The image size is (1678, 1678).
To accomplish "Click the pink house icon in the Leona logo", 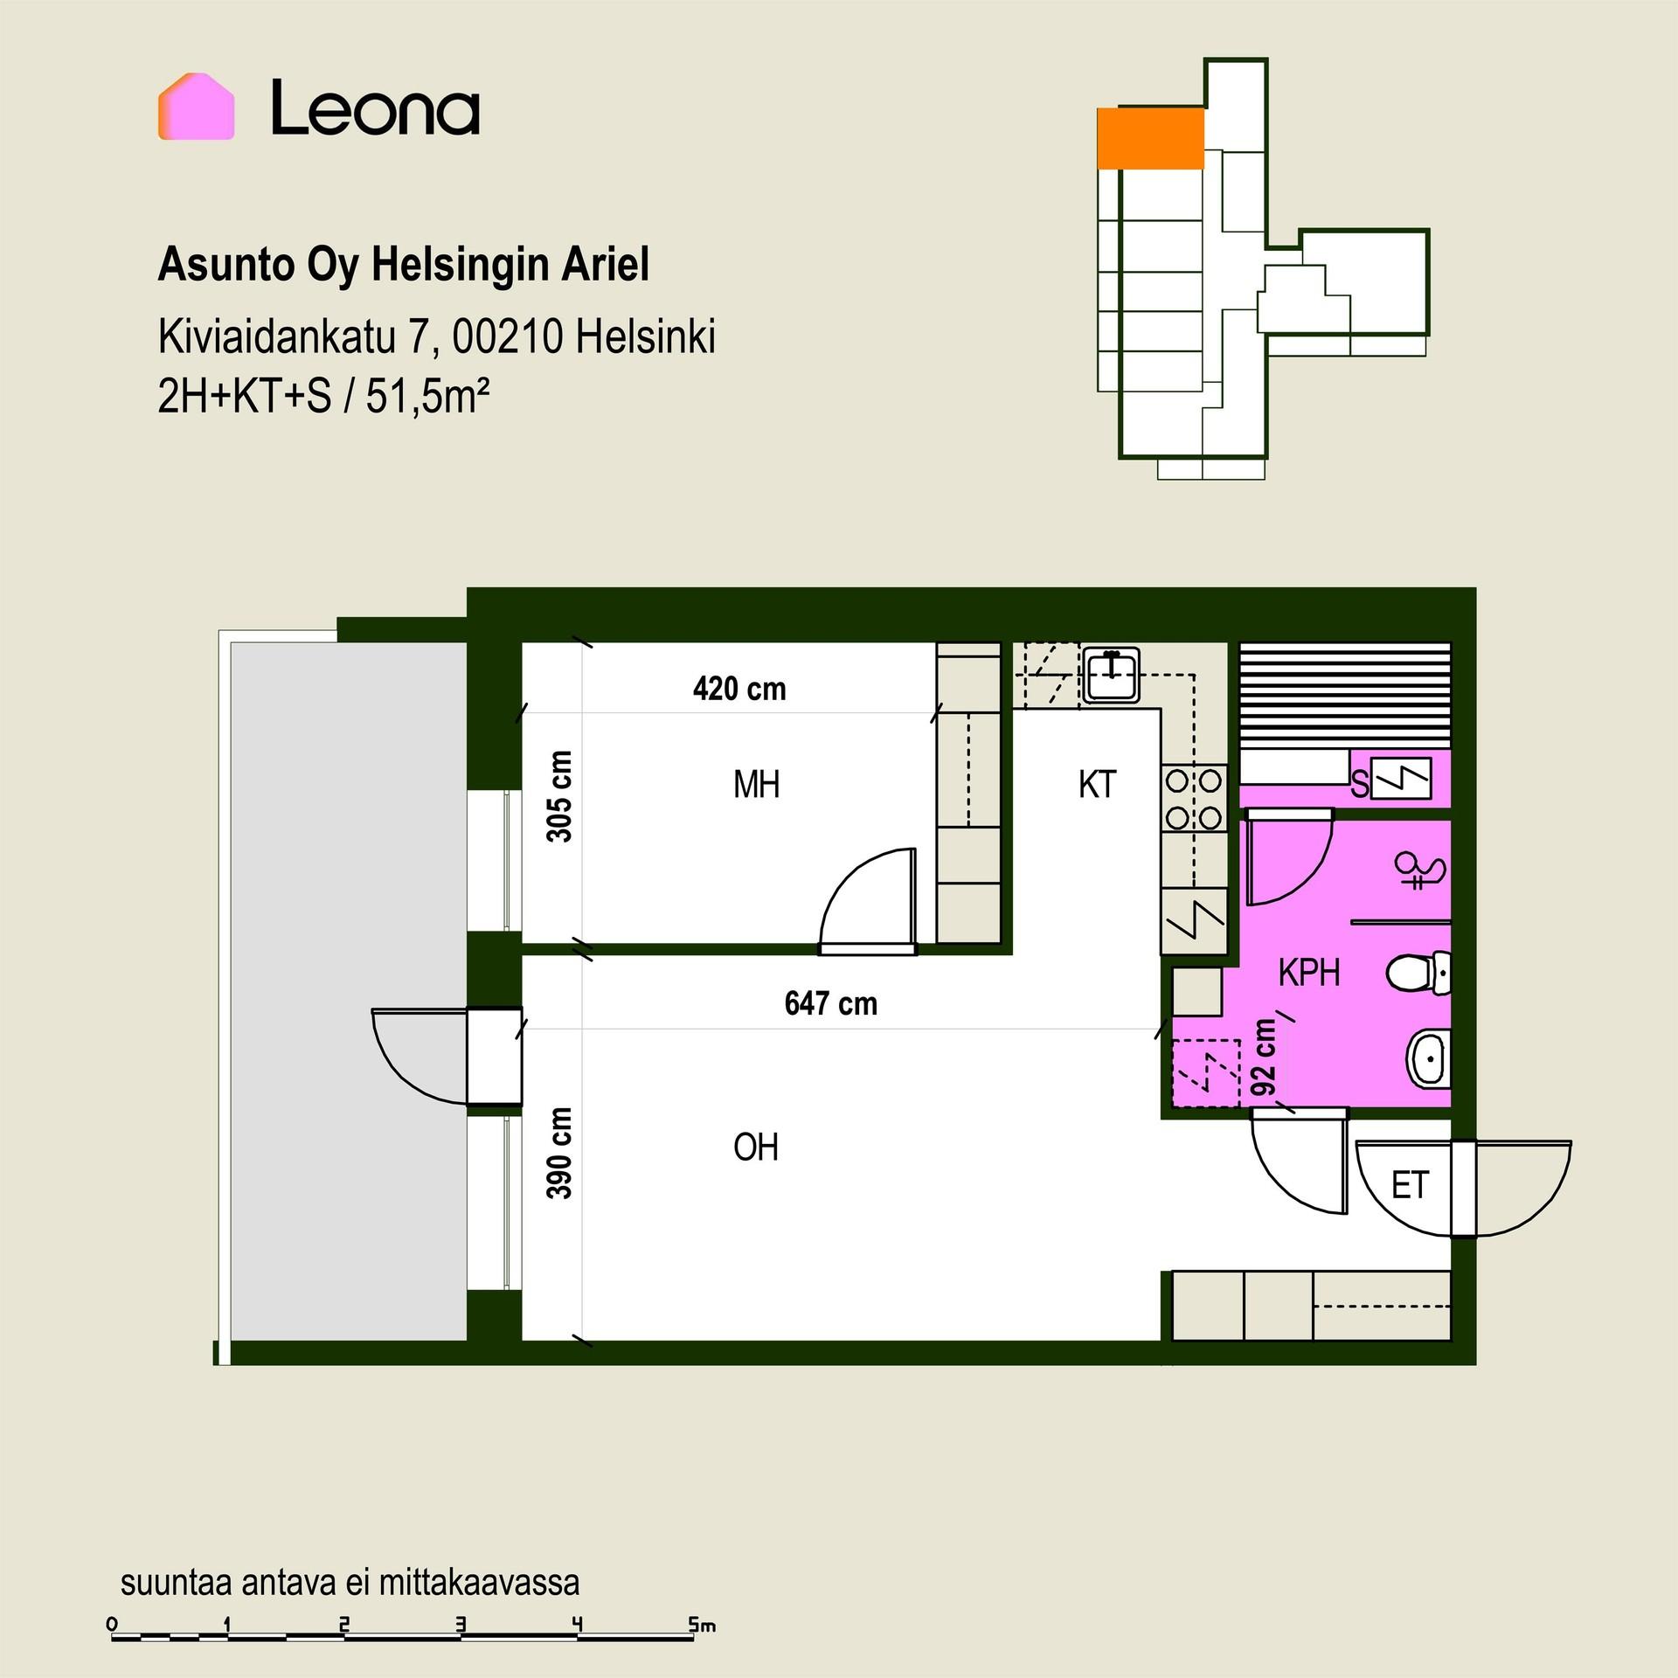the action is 196,107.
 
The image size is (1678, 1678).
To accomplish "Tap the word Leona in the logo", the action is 376,108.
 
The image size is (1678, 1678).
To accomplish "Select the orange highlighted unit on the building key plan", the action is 1150,138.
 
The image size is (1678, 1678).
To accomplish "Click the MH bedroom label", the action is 756,785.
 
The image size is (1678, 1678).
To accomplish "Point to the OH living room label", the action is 756,1148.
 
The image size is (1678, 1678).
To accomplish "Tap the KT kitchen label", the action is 1098,785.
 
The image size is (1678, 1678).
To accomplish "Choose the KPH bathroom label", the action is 1309,973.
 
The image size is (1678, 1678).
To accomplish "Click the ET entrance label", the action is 1410,1186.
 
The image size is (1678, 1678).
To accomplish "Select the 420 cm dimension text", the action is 739,689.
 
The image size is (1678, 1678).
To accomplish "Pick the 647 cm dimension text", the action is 831,1003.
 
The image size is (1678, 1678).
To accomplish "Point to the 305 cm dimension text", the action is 559,796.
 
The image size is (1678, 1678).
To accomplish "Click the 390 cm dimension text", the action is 559,1154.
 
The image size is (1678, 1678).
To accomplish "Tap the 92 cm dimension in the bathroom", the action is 1264,1057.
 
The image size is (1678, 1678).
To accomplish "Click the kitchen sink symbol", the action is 1111,675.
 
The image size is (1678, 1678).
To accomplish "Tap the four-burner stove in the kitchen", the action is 1194,798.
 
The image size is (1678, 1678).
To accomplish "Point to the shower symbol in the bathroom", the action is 1419,870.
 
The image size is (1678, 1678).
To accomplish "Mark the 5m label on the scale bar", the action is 702,1625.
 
